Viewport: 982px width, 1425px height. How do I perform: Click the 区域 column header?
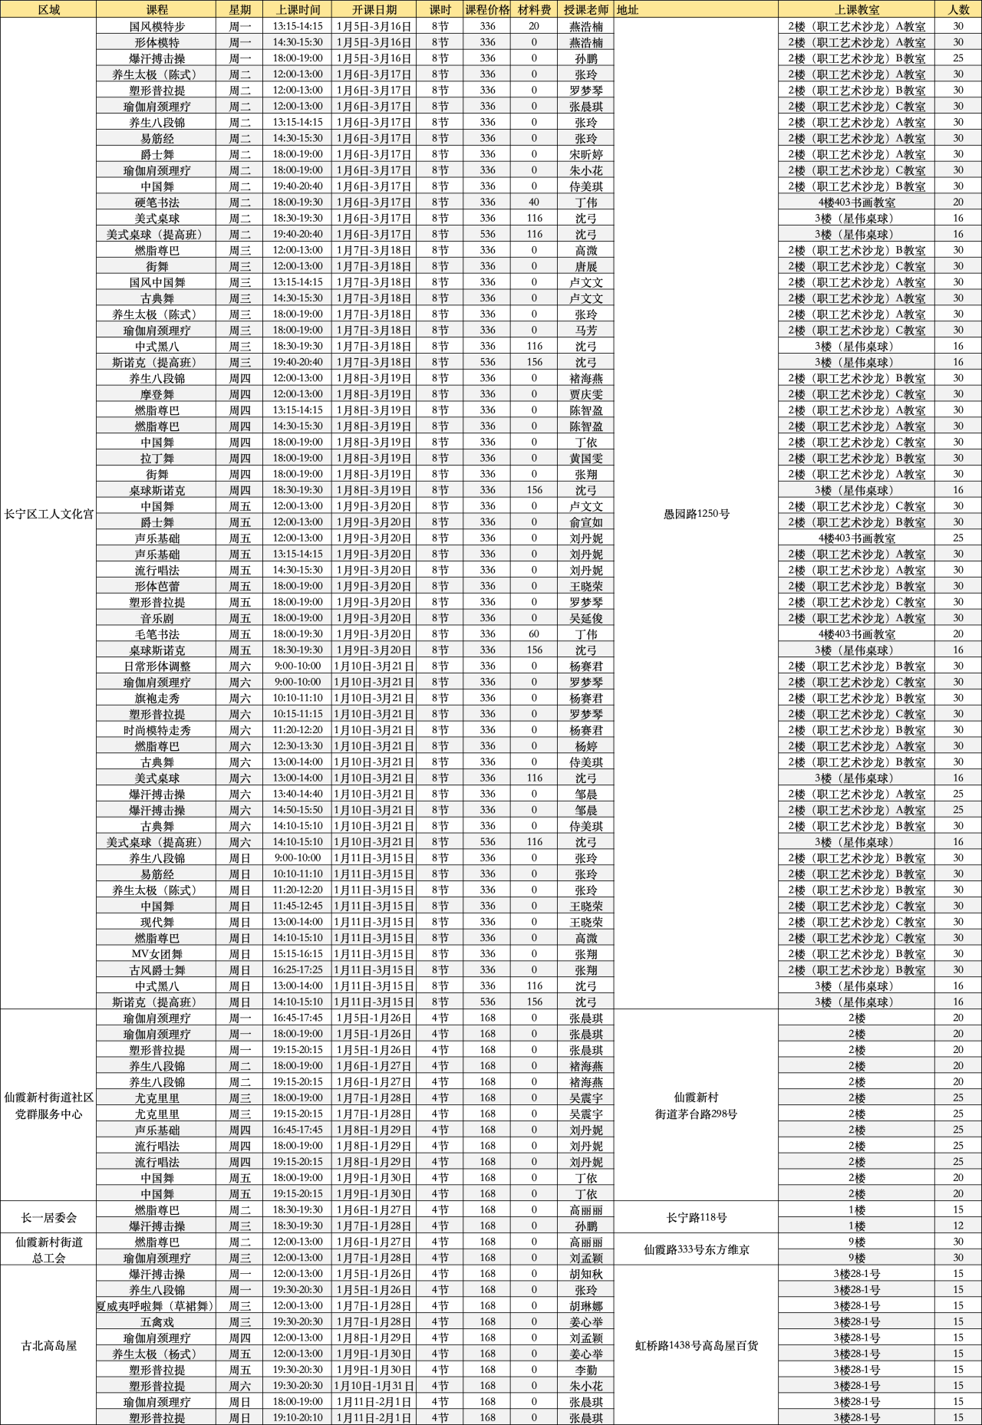point(48,10)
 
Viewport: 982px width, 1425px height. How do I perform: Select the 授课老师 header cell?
point(585,10)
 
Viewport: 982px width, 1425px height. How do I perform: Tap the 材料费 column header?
point(534,10)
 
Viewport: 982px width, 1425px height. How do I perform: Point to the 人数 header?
point(958,10)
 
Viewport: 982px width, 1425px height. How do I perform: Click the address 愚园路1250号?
point(696,514)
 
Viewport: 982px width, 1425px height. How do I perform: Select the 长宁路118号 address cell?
point(696,1218)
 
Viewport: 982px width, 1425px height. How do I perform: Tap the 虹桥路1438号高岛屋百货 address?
point(696,1345)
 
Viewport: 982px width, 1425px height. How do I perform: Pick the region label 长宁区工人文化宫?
point(48,514)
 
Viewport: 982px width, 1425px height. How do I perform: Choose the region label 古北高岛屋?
point(48,1345)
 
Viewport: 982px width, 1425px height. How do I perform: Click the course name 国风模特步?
point(157,26)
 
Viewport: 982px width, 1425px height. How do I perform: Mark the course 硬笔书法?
point(157,202)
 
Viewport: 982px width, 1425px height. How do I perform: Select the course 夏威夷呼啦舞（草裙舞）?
point(157,1305)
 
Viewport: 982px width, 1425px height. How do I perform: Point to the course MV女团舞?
point(157,954)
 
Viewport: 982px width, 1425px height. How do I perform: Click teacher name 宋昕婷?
point(585,154)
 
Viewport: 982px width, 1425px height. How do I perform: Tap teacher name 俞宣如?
point(585,522)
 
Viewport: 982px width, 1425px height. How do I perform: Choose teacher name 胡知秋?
point(585,1274)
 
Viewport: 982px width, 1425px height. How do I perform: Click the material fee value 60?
point(534,634)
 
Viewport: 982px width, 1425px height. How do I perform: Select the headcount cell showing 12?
point(958,1226)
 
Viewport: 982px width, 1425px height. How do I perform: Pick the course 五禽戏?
point(157,1321)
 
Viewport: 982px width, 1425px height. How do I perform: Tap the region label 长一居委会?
point(48,1218)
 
